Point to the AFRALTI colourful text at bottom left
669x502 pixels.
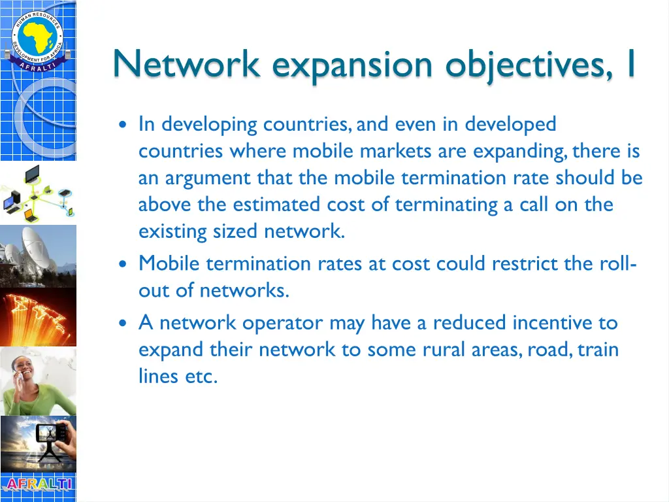point(38,485)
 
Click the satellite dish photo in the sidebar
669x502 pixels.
point(38,253)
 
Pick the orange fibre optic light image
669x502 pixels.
point(38,316)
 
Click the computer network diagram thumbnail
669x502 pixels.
point(38,192)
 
